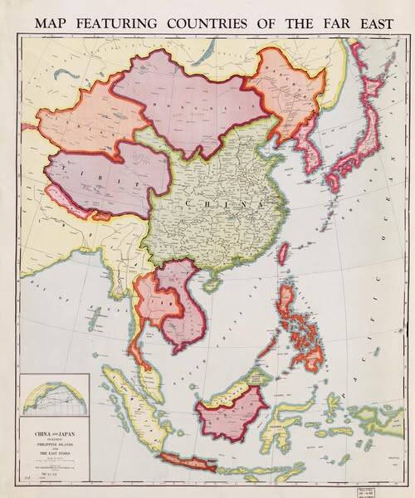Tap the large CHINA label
click(222, 203)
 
